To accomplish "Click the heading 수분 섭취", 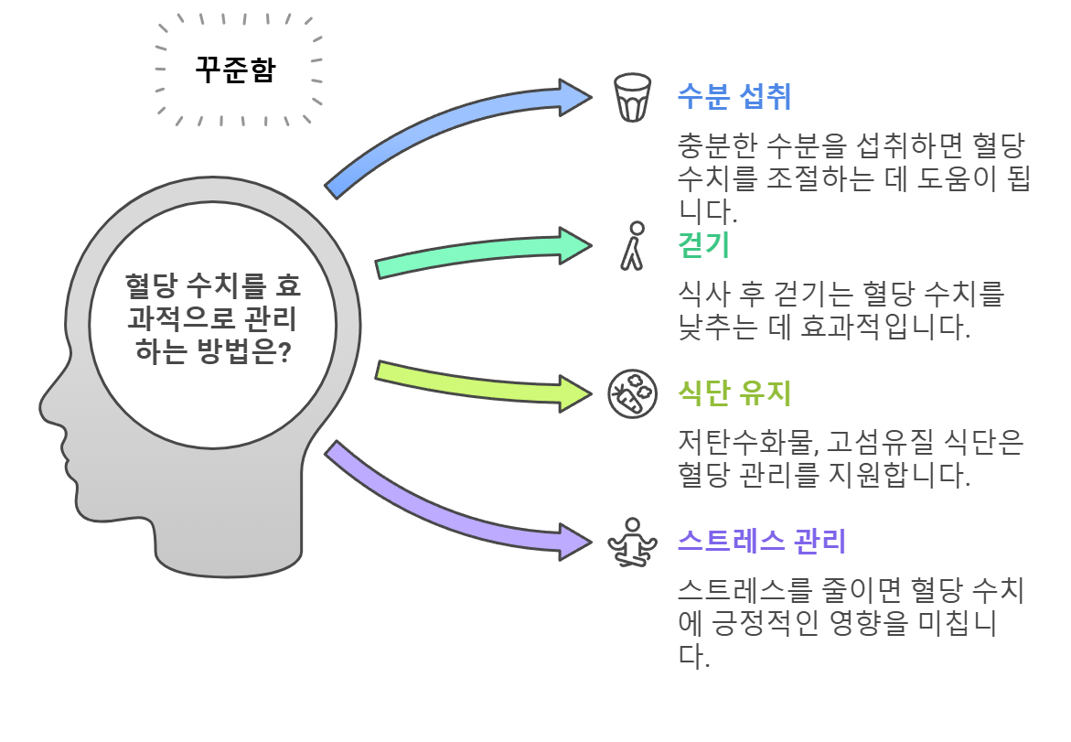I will tap(734, 95).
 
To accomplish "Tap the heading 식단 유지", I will tap(734, 393).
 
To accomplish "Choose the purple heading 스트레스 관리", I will tap(761, 541).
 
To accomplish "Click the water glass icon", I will tap(632, 97).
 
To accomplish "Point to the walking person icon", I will tap(632, 245).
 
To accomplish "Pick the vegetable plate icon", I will tap(632, 394).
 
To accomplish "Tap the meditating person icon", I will tap(632, 541).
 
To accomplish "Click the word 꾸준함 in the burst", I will tap(234, 70).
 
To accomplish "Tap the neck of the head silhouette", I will tap(229, 531).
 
